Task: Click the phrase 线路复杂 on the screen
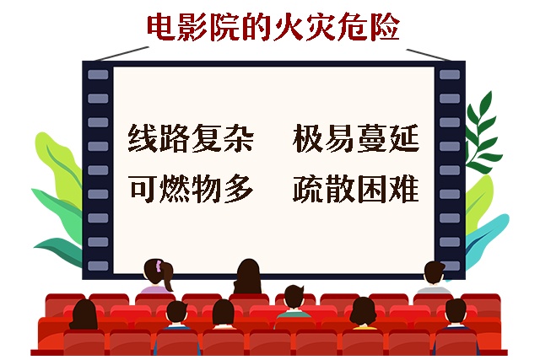point(191,139)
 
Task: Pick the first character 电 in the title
point(163,27)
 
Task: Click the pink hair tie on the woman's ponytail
point(158,266)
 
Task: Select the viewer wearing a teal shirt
point(293,308)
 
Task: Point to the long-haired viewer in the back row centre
point(246,278)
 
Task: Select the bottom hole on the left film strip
point(98,264)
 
